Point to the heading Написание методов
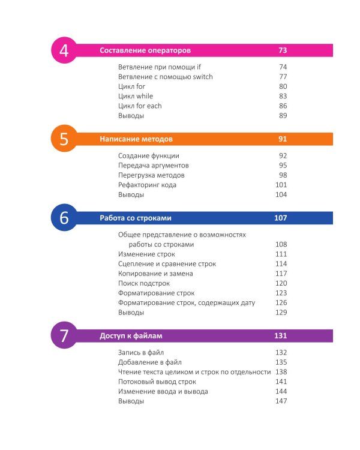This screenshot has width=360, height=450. coord(136,139)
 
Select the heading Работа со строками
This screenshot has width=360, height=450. coord(136,218)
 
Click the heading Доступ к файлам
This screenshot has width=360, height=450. coord(131,335)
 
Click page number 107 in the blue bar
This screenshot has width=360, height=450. coord(281,218)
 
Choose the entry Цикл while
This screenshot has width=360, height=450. coord(136,96)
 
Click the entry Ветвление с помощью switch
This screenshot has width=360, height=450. coord(166,77)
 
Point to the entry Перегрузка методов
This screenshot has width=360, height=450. coord(151,175)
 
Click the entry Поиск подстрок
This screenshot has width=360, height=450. coord(144,283)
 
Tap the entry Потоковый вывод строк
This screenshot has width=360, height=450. coord(157,382)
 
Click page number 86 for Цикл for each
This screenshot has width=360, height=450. coord(283,106)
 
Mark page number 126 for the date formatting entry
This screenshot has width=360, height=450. coord(281,302)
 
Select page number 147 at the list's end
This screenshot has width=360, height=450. coord(281,401)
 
